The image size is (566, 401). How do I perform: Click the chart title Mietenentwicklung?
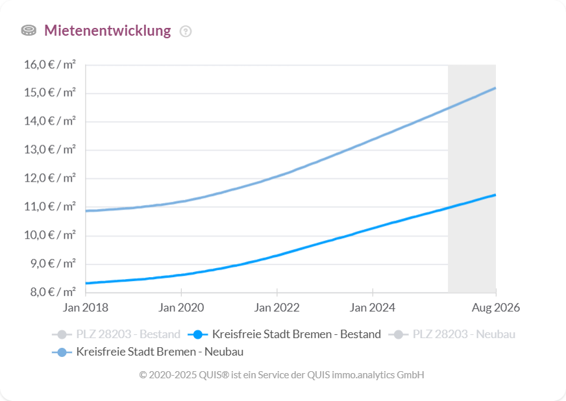click(107, 30)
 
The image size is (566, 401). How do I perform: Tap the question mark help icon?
click(186, 31)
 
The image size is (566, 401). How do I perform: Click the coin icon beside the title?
click(29, 30)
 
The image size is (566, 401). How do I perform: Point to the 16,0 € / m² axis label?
click(49, 64)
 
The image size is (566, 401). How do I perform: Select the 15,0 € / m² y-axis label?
click(49, 92)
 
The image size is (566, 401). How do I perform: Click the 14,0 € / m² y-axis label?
click(49, 121)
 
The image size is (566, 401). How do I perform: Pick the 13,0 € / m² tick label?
click(49, 149)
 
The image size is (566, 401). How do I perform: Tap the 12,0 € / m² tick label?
click(49, 178)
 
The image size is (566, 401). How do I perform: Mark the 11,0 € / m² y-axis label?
click(49, 206)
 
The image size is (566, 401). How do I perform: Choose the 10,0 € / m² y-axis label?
click(49, 235)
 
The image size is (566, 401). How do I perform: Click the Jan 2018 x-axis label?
click(86, 307)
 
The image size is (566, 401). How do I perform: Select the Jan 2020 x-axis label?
click(181, 307)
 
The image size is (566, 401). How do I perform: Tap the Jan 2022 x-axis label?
click(277, 307)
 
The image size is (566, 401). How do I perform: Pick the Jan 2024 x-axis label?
click(373, 307)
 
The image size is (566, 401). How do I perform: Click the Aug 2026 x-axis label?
click(495, 307)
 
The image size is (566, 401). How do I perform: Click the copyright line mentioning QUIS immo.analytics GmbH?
click(282, 375)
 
